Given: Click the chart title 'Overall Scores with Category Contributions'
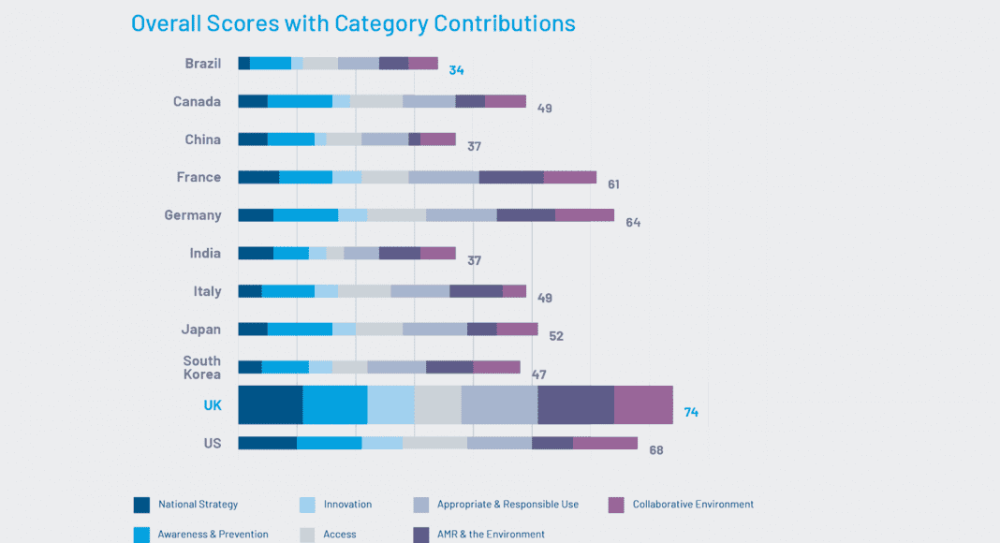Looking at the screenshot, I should [x=353, y=23].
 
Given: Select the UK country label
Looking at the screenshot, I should [x=213, y=405].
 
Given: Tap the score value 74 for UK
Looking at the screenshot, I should [x=691, y=412].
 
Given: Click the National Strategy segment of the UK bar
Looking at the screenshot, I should [x=271, y=404].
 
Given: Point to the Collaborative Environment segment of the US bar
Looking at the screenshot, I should [x=605, y=443].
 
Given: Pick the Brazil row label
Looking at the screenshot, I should [x=203, y=64].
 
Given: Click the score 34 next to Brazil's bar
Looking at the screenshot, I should [x=456, y=70].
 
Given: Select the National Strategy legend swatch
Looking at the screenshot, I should [x=142, y=505].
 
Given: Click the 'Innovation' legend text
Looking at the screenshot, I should [x=347, y=505].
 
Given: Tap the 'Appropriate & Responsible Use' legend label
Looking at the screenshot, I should [x=507, y=505].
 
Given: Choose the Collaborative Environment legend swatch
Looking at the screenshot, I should [x=616, y=505].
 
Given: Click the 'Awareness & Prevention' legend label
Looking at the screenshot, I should [x=213, y=535].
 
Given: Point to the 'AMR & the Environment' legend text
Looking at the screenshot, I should [x=491, y=535].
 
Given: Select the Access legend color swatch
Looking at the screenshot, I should [x=306, y=534].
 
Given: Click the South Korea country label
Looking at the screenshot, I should [x=202, y=367].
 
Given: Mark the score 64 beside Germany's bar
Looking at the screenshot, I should [x=633, y=223].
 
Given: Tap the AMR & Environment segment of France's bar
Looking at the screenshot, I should [x=511, y=177].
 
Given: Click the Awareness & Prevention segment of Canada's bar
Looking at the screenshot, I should [x=300, y=101].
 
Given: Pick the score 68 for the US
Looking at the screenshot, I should [x=655, y=450].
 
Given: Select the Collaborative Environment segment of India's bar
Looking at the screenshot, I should [x=437, y=253].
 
